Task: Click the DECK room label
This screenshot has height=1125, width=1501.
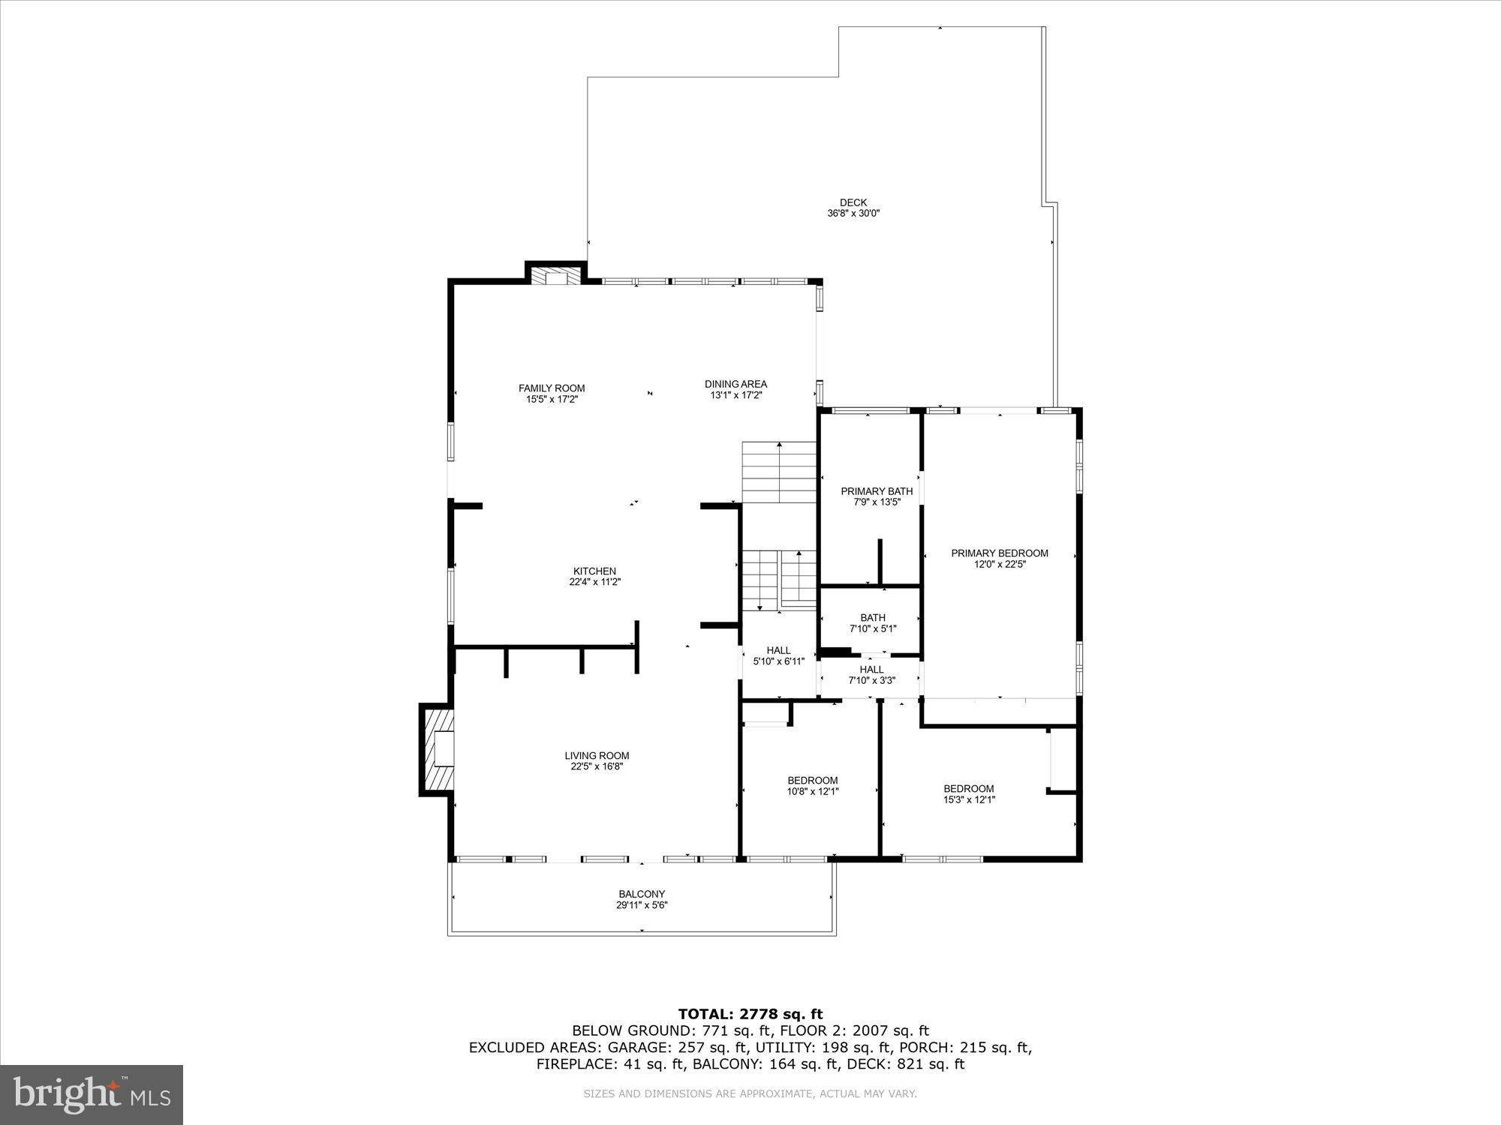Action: coord(853,202)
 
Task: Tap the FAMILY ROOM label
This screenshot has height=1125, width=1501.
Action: coord(552,388)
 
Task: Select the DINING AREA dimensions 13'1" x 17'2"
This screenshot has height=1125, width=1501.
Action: coord(735,395)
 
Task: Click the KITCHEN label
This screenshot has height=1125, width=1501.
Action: coord(594,571)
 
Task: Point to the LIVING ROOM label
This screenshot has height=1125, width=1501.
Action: coord(597,755)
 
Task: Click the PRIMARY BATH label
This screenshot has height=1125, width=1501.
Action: coord(877,491)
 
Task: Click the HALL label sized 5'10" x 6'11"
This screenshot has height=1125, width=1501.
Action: coord(778,650)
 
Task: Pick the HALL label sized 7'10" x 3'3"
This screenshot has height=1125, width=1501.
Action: coord(871,669)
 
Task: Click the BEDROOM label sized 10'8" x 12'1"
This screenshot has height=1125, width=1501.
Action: coord(812,780)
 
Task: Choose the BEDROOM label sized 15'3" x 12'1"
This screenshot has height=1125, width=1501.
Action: coord(968,788)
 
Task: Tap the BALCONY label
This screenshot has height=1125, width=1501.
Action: coord(642,894)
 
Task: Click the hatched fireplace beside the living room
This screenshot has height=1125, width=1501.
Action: coord(438,749)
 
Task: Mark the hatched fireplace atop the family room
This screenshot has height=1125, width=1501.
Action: coord(556,274)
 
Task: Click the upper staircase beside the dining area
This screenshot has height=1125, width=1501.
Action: coord(779,472)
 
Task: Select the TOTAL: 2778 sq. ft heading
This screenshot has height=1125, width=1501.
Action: coord(750,1015)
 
